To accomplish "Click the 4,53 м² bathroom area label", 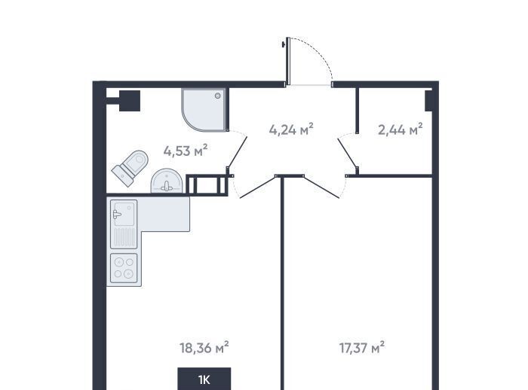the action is point(186,151).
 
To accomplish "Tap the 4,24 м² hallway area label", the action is point(291,129).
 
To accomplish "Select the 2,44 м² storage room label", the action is point(401,129).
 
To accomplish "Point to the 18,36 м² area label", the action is point(204,347).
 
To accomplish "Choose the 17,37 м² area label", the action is point(362,347).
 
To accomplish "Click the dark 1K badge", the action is point(204,379).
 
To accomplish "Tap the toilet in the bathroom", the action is point(130,168).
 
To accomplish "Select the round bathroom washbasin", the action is point(167,181).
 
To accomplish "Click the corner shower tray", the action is point(204,110).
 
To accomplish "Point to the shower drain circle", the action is point(218,96).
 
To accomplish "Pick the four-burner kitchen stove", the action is point(124,268).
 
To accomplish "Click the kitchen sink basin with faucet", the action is point(124,213).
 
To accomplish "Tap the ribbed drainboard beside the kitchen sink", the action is point(124,238).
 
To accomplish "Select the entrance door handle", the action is point(284,44).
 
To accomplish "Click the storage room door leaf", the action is point(347,152).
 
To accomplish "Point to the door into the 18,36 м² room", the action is point(258,187).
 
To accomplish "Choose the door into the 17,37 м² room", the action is point(321,187).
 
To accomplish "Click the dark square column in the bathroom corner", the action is point(130,101).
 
